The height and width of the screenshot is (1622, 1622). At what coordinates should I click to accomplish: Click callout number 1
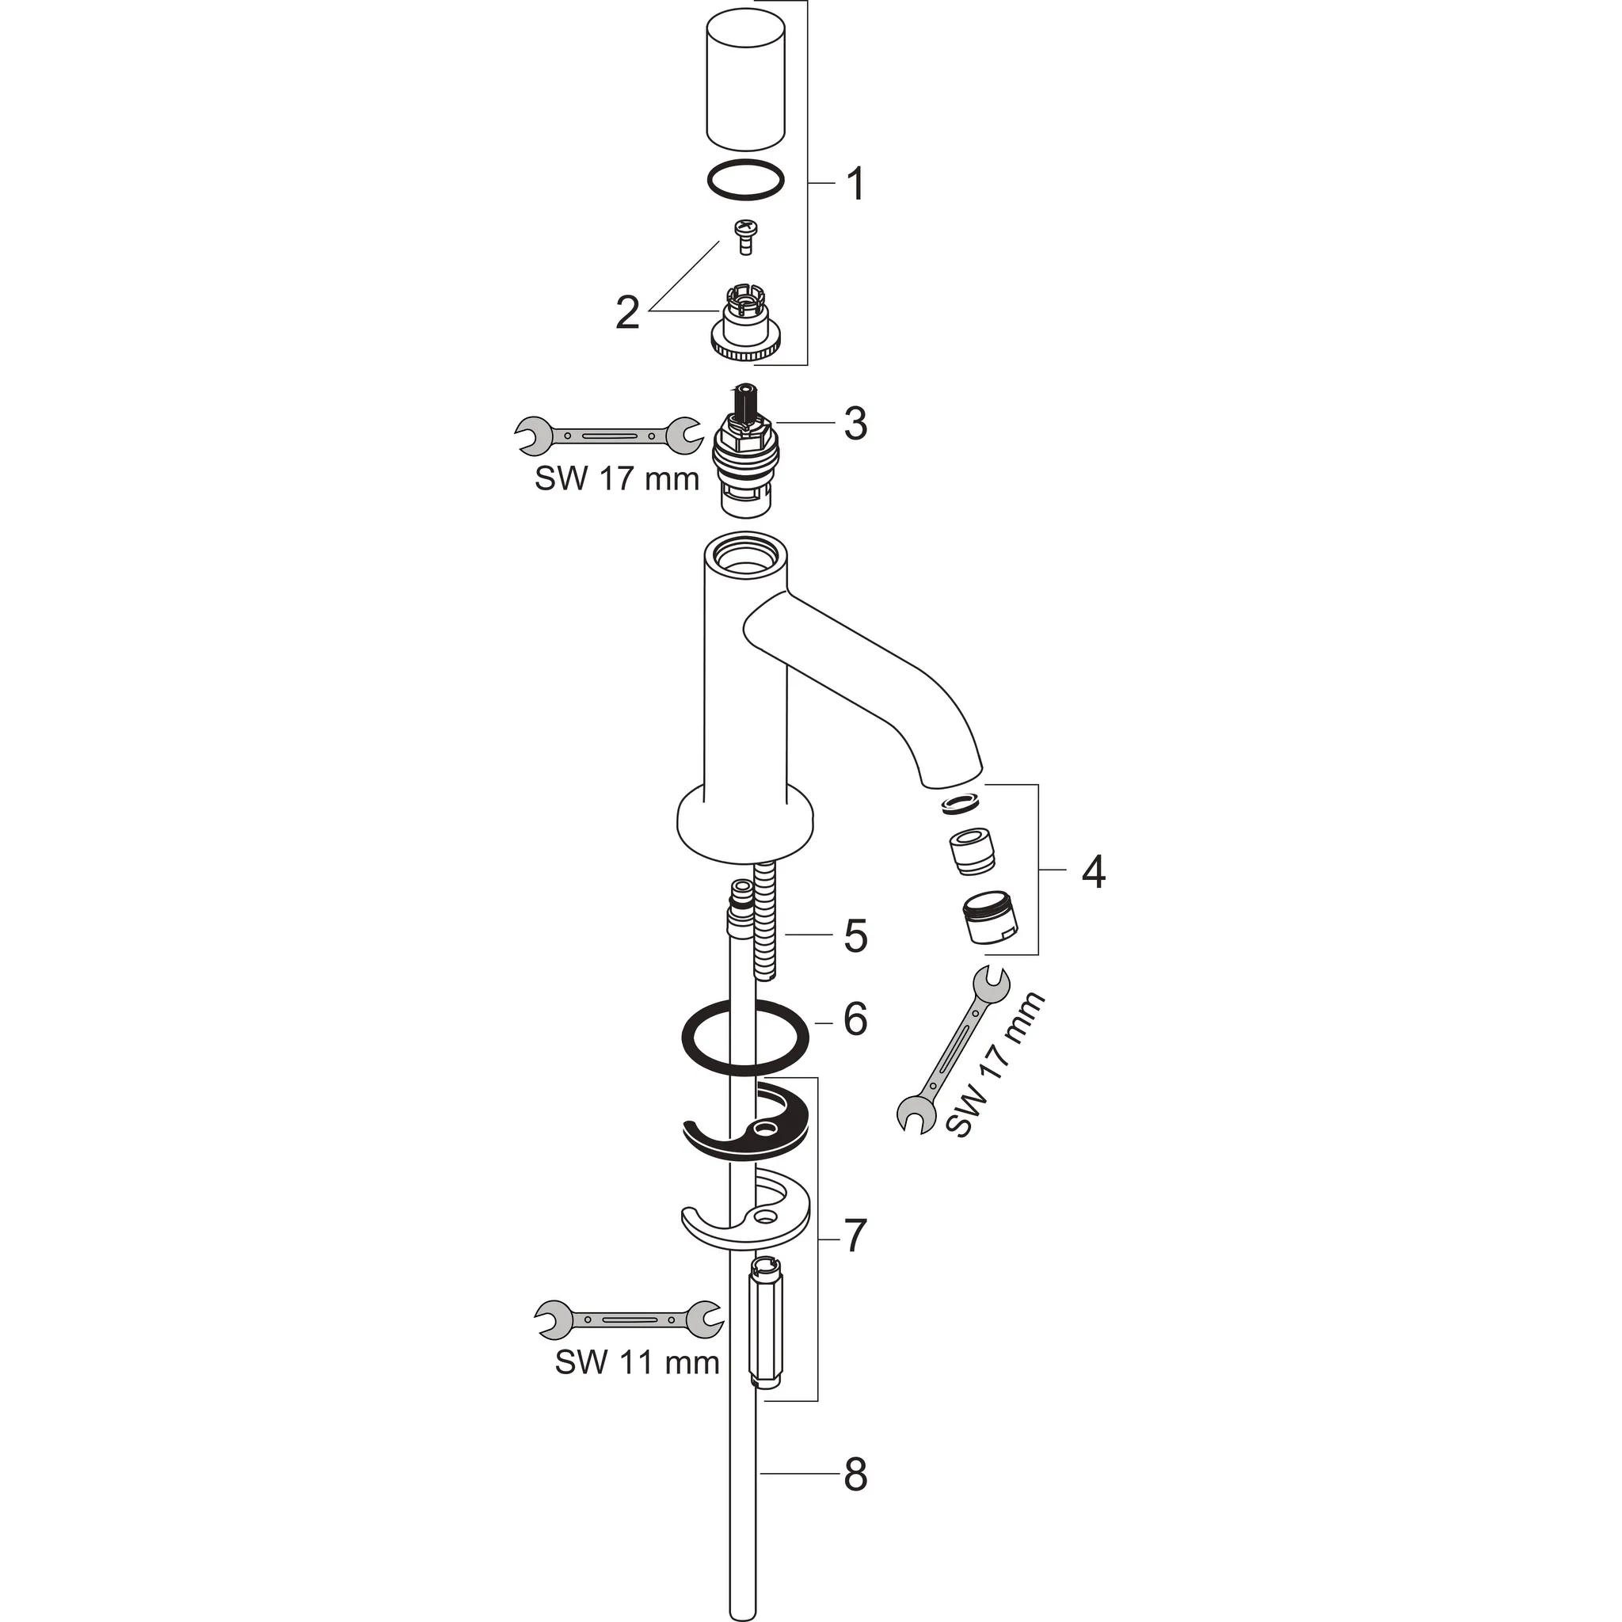tap(855, 184)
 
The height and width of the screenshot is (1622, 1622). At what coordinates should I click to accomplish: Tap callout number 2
tap(628, 313)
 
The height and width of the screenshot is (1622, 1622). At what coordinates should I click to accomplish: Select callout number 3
tap(855, 424)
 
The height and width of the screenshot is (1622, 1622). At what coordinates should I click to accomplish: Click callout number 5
tap(855, 936)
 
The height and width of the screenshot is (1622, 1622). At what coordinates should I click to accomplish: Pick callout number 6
tap(855, 1019)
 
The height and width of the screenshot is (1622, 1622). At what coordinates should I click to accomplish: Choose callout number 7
tap(855, 1235)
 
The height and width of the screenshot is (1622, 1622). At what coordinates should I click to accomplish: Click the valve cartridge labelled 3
tap(744, 451)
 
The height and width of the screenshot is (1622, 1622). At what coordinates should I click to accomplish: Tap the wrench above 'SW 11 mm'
tap(629, 1319)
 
